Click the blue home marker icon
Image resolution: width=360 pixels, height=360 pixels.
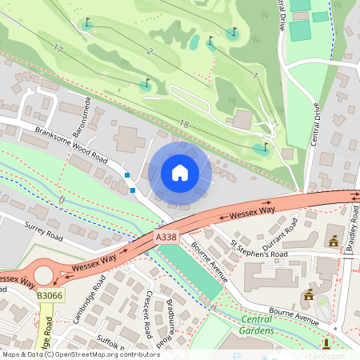click(x=180, y=173)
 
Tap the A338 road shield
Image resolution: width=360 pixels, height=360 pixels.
click(x=166, y=238)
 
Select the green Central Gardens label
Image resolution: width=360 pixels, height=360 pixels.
click(x=257, y=326)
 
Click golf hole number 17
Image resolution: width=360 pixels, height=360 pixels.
click(x=58, y=49)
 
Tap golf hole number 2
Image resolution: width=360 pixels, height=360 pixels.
click(x=150, y=51)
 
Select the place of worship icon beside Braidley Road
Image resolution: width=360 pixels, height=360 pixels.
click(x=333, y=240)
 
